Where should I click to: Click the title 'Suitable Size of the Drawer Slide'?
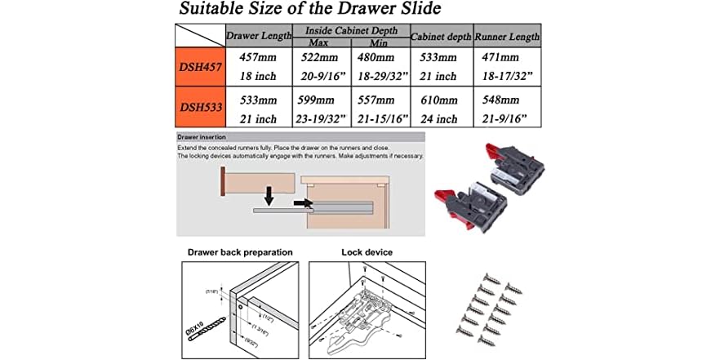click(x=310, y=10)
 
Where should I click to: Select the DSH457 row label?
click(x=199, y=67)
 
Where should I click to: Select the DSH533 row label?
click(x=199, y=107)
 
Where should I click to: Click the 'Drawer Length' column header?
click(x=258, y=37)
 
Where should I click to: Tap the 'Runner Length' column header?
click(x=508, y=37)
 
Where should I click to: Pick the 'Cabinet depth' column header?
click(x=441, y=37)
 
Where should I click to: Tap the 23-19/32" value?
click(x=319, y=118)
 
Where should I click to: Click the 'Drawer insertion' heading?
click(x=202, y=137)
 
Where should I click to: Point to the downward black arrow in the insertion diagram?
click(x=269, y=197)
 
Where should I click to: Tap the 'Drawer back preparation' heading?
click(x=240, y=252)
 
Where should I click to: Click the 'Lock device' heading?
click(x=367, y=252)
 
